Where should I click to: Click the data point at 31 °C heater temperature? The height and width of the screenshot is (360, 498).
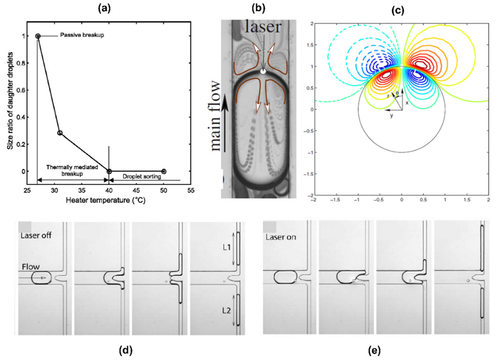coord(60,133)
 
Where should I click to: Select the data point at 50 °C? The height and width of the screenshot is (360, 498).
coord(164,171)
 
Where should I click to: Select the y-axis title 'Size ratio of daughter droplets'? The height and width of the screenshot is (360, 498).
coord(10,102)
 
